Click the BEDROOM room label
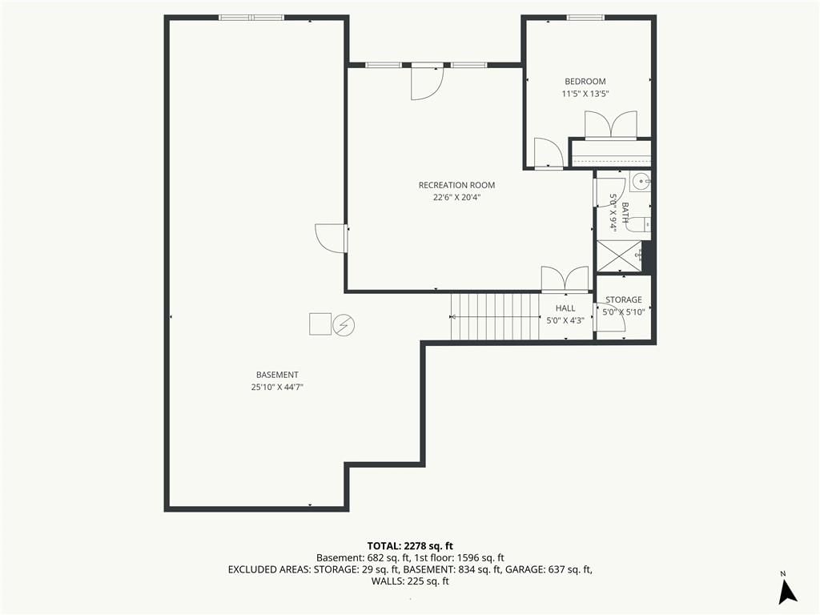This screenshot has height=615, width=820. (x=585, y=82)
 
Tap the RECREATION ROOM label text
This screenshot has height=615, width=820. (x=456, y=185)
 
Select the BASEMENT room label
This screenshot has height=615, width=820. (x=277, y=375)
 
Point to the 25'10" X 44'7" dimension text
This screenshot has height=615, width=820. (x=277, y=388)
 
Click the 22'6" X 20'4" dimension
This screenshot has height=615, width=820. (x=456, y=198)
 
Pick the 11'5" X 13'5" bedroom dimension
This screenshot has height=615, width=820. (x=585, y=94)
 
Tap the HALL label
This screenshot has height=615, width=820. (x=565, y=308)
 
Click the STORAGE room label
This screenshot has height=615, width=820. (x=623, y=299)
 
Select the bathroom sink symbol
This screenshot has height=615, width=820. (x=641, y=182)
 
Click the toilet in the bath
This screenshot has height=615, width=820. (x=638, y=224)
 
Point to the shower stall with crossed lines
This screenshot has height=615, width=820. (x=619, y=256)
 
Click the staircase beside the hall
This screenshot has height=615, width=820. (x=495, y=316)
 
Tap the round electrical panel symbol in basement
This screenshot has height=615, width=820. (x=344, y=325)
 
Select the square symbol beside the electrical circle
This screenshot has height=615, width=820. (x=320, y=324)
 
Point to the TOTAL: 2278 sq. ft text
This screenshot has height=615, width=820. (x=410, y=547)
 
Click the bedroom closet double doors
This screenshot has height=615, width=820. (x=611, y=126)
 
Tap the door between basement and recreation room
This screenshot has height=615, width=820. (x=331, y=239)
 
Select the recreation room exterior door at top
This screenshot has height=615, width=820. (x=427, y=82)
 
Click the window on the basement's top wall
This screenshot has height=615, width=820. (x=251, y=18)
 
